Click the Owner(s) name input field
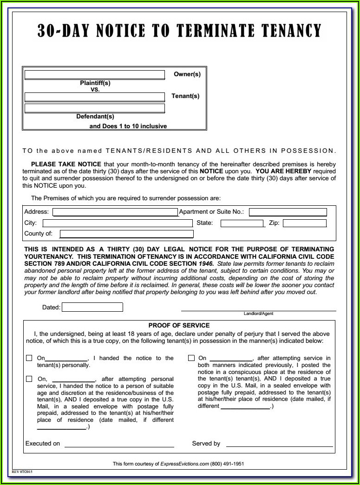click(95, 75)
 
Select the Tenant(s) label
click(185, 96)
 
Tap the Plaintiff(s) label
click(95, 83)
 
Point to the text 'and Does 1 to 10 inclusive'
click(128, 126)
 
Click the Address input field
click(115, 212)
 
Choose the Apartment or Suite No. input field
click(288, 212)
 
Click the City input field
click(117, 223)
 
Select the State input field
click(242, 223)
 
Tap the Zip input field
click(304, 223)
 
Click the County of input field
click(126, 234)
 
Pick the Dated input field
click(92, 307)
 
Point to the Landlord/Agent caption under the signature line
click(258, 314)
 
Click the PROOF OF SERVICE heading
click(179, 325)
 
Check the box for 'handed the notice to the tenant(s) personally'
click(29, 358)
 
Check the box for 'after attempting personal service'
click(29, 379)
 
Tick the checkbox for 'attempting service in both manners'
click(191, 358)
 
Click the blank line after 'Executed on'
click(119, 445)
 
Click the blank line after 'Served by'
click(279, 445)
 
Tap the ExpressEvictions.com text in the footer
click(185, 464)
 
